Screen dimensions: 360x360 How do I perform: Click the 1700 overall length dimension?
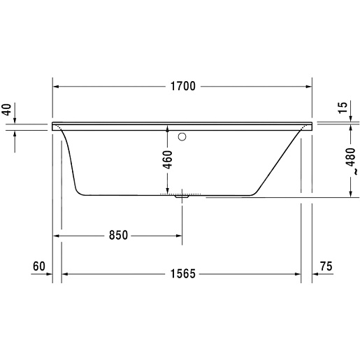pos(182,87)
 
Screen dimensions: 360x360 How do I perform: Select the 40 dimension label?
pos(8,110)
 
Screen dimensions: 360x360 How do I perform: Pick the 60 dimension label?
pos(38,266)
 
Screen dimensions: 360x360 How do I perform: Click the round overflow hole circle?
pos(183,137)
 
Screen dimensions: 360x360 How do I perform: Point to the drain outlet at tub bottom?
pos(183,197)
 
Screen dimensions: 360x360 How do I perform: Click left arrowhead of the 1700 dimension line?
pos(58,87)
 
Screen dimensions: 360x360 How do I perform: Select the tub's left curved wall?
pos(71,161)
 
